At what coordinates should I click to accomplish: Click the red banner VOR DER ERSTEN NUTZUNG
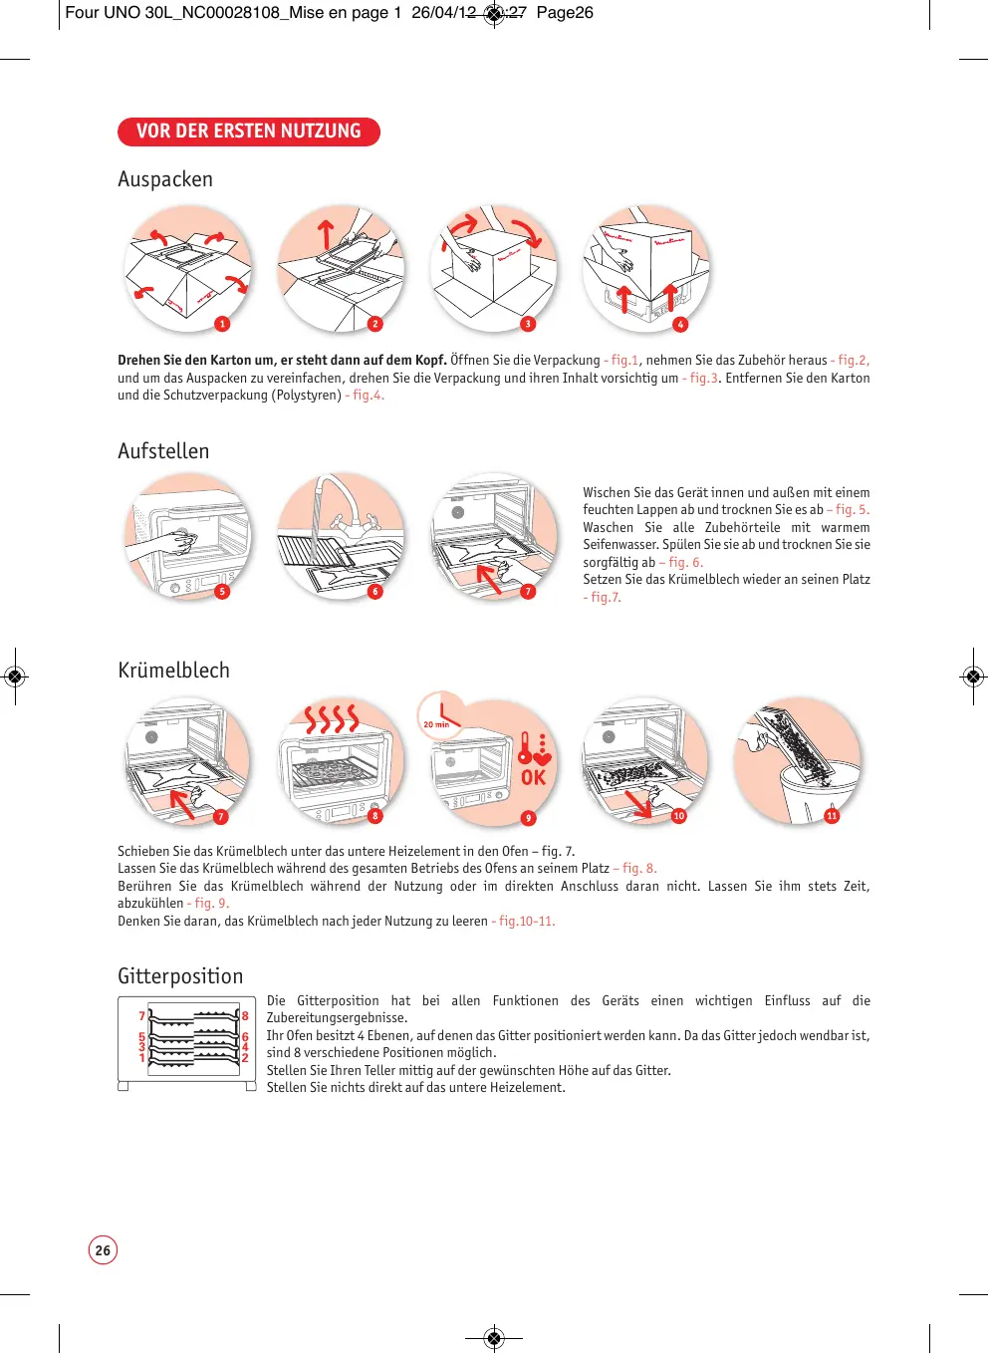248,132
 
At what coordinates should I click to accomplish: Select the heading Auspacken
165,179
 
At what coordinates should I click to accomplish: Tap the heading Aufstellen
163,451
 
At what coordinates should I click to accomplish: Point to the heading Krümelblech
173,671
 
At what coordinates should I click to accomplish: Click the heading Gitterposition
180,976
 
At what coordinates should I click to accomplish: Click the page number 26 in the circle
103,1250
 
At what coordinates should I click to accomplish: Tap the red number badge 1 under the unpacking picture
222,324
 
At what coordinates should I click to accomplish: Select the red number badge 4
680,324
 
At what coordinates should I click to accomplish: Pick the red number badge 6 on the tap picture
375,592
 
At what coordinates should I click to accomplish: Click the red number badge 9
529,818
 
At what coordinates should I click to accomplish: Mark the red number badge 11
832,816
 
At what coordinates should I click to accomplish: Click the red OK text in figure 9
534,777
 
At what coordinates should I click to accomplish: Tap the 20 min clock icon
439,714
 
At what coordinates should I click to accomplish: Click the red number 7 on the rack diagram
141,1016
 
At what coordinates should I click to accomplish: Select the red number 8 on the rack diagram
245,1016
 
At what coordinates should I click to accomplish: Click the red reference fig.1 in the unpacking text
624,361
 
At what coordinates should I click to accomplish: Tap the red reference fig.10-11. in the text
527,922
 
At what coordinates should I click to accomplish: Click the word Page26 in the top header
565,13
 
